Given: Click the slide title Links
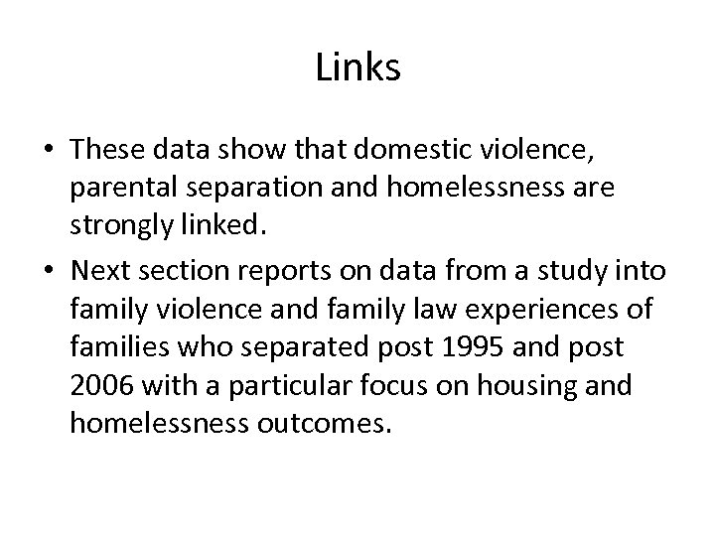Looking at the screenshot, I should pos(357,67).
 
